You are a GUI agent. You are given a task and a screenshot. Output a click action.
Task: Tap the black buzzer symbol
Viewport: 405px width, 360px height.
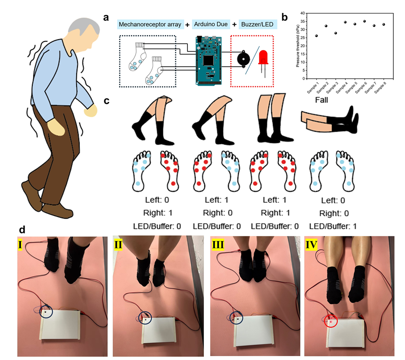tap(243, 59)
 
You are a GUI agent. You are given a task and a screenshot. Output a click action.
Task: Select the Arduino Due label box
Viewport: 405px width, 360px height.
tap(211, 24)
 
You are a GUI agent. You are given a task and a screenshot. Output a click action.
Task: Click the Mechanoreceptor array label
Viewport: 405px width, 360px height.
tap(150, 24)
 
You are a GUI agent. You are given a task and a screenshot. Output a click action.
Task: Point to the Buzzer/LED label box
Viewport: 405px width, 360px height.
tap(258, 24)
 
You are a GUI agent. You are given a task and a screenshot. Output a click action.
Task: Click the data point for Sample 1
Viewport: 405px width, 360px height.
tap(316, 36)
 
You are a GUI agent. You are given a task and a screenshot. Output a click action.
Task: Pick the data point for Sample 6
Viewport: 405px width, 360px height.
tap(364, 22)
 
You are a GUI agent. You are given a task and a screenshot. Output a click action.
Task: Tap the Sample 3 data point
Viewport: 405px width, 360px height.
tap(336, 33)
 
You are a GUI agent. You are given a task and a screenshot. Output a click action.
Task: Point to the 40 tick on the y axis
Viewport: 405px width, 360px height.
tap(302, 13)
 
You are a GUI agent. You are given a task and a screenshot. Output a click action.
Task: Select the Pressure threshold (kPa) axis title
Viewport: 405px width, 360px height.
tap(298, 46)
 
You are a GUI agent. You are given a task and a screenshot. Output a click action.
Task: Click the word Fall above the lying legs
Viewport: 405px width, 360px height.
tap(321, 100)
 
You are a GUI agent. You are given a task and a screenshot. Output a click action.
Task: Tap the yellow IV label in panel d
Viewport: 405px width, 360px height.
tap(311, 245)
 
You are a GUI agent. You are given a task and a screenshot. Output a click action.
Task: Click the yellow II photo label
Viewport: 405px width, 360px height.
tap(118, 245)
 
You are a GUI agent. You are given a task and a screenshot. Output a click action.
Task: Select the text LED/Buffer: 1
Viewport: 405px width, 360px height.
tap(333, 227)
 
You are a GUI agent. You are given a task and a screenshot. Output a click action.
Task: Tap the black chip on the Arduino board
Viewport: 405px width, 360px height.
tap(208, 60)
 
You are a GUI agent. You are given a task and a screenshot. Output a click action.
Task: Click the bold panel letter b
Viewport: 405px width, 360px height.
tap(284, 17)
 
